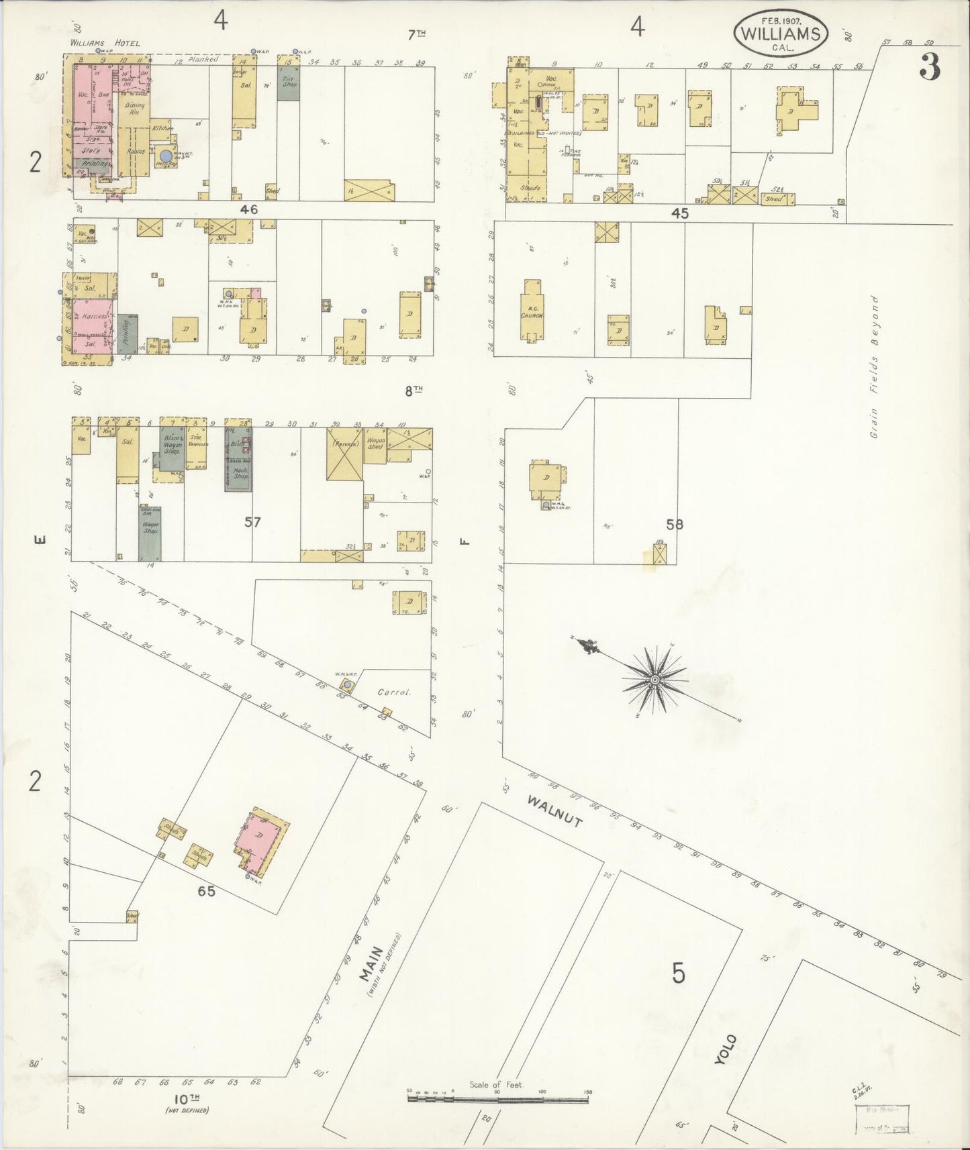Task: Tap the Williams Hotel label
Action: [x=106, y=44]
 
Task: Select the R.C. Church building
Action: [x=534, y=313]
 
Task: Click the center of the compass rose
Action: [x=653, y=680]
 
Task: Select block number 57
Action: [x=252, y=522]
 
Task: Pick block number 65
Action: [x=206, y=892]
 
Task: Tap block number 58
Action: [x=675, y=524]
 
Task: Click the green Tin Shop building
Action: [x=289, y=83]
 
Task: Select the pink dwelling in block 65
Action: [x=260, y=836]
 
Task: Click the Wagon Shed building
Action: [x=375, y=443]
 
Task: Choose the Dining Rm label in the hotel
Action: [x=134, y=108]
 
